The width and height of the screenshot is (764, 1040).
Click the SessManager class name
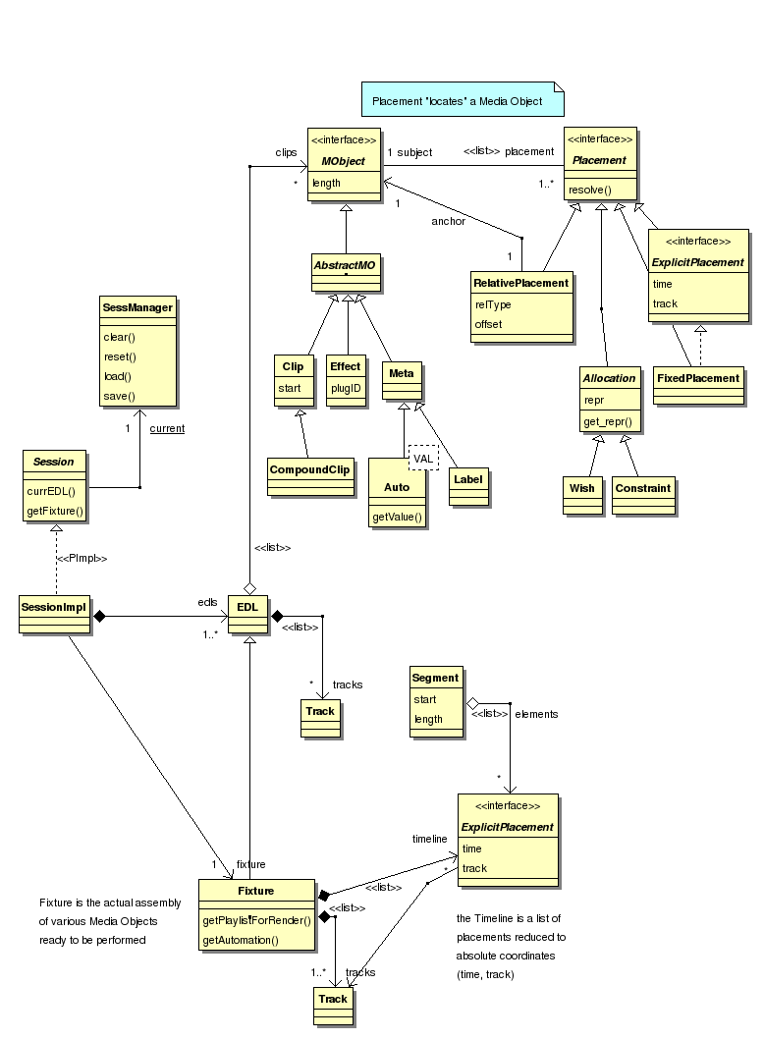137,307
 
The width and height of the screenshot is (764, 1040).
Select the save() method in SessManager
119,396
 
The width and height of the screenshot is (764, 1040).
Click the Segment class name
435,678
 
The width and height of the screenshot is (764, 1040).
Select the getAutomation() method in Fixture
241,940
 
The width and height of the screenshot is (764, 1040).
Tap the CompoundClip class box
310,469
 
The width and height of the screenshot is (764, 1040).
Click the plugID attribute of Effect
345,388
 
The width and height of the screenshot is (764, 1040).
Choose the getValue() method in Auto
397,517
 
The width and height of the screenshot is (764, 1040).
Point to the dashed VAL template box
422,459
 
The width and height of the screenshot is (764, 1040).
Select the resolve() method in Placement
592,190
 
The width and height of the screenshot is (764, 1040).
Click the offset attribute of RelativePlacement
489,324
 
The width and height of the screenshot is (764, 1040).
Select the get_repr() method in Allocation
608,421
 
